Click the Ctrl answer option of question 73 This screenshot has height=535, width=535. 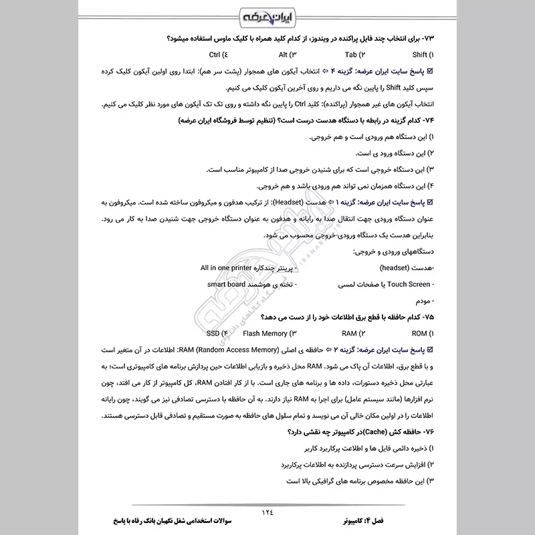pos(217,55)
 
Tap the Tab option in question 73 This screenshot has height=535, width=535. pos(354,55)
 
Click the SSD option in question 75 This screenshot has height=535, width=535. pos(217,332)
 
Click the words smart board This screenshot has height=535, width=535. pos(225,284)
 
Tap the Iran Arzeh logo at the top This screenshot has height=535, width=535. pos(267,15)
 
